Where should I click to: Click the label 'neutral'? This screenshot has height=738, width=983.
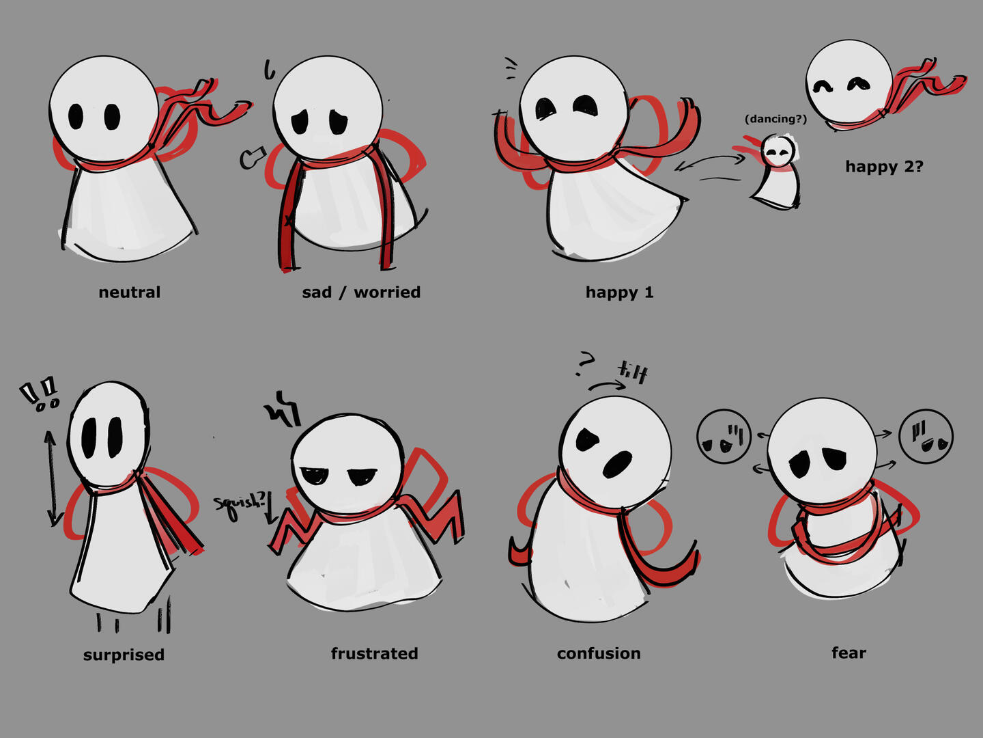(x=130, y=292)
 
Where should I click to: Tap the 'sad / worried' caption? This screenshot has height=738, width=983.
(x=361, y=292)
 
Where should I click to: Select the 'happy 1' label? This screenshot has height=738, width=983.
(x=619, y=293)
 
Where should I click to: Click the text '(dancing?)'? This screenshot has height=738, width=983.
(x=775, y=119)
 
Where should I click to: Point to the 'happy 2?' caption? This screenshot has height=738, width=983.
(x=885, y=167)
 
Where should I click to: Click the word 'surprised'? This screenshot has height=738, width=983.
(x=124, y=655)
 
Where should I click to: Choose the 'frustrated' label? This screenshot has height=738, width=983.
(x=374, y=653)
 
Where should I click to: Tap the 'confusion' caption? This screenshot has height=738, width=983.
(x=599, y=653)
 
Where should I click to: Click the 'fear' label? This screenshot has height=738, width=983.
(x=849, y=653)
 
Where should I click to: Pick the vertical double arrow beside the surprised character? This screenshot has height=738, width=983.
(x=52, y=478)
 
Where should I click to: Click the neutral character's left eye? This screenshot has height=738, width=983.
(x=76, y=116)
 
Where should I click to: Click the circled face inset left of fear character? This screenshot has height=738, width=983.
(x=724, y=437)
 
